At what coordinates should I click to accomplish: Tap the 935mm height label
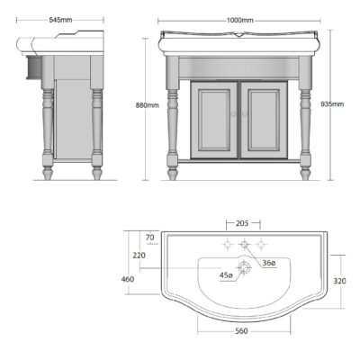(332, 104)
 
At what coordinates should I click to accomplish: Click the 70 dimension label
(151, 238)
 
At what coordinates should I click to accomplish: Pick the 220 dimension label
(139, 255)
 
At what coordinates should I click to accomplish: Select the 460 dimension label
(129, 280)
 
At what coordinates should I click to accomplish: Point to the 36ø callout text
(269, 263)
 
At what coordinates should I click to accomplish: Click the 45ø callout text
(225, 276)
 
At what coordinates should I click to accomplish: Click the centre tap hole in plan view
(241, 244)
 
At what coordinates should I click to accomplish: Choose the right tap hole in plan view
(262, 244)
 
